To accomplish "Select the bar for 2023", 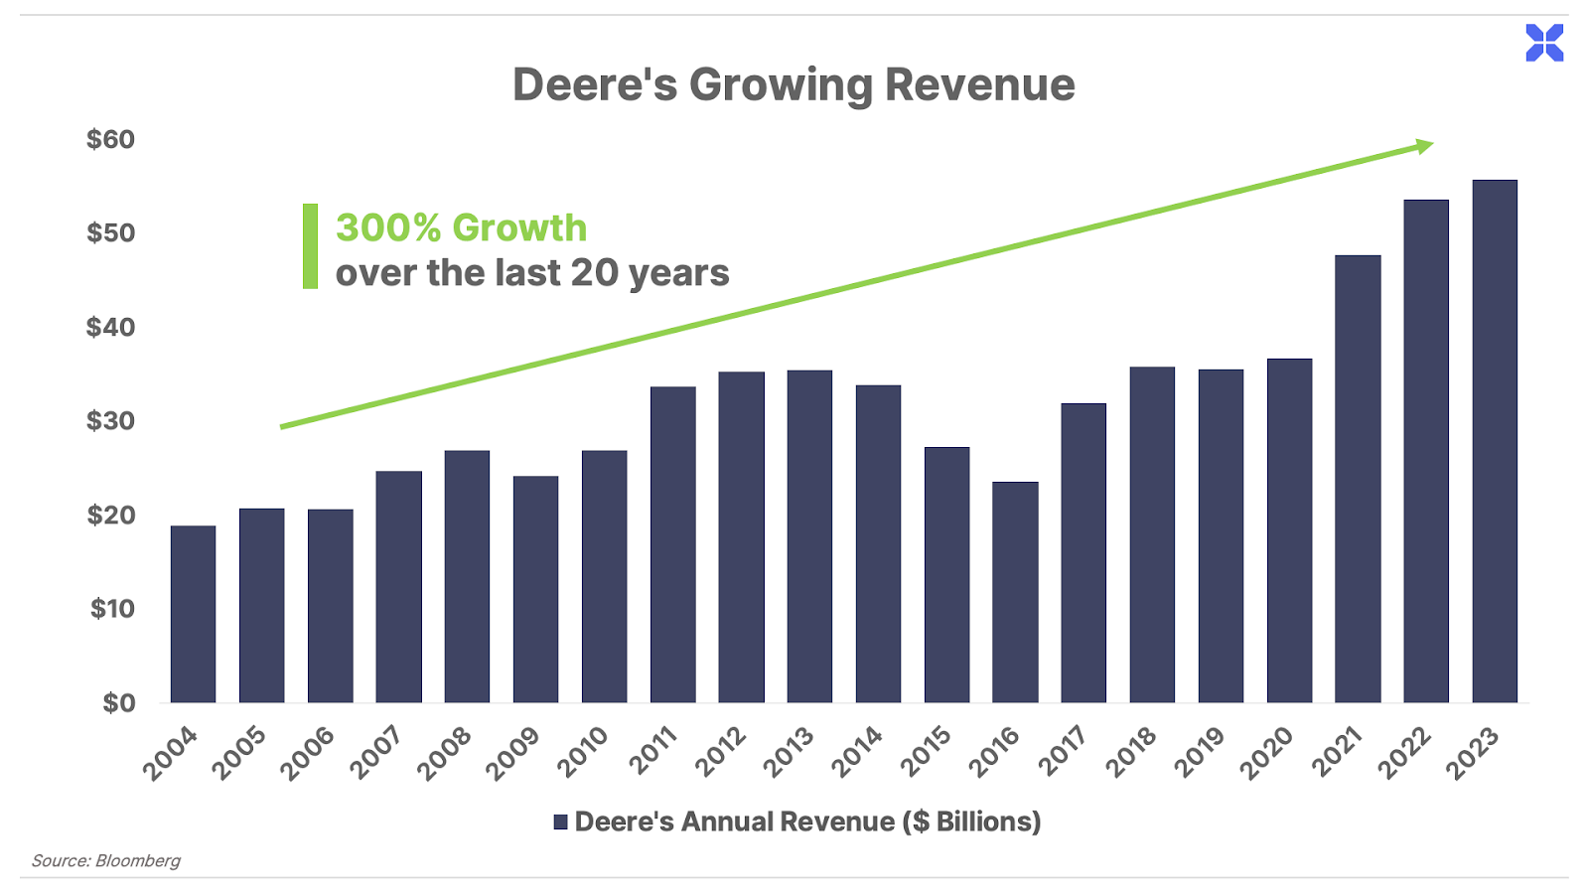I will (x=1495, y=441).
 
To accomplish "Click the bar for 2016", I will (x=1015, y=592).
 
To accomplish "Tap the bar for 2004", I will (x=193, y=614).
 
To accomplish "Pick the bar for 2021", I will (x=1358, y=479).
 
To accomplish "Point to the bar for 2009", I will (x=535, y=589).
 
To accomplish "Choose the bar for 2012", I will (x=742, y=537).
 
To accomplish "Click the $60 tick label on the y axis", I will (x=110, y=139).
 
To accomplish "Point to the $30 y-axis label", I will (x=110, y=421).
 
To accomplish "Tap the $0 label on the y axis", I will (x=118, y=703).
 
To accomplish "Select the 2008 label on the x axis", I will (x=444, y=753).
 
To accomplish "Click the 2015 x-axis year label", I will (x=924, y=753).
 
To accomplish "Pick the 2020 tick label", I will (x=1267, y=753).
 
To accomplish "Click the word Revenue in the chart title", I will (x=979, y=84).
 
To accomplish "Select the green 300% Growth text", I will (x=461, y=227).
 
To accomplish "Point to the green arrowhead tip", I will (x=1432, y=145).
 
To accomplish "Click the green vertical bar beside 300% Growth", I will (x=310, y=246).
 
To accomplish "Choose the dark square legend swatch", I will (x=561, y=821).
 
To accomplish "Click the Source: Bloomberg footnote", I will (x=106, y=860).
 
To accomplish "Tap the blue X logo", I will (x=1544, y=44).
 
